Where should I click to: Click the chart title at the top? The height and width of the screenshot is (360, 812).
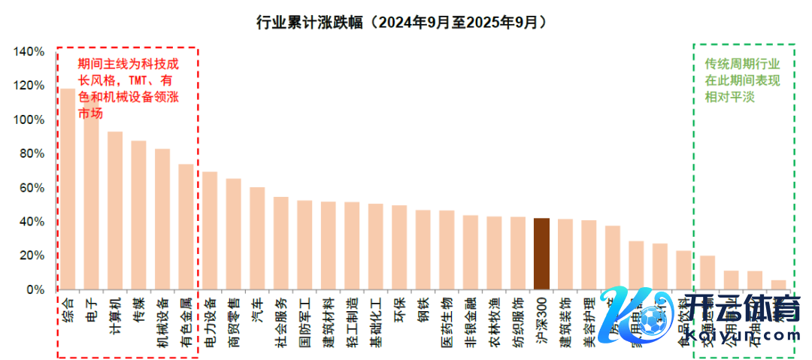[401, 23]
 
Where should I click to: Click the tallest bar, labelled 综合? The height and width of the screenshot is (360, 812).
[68, 188]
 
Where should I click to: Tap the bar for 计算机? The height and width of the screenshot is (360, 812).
[115, 210]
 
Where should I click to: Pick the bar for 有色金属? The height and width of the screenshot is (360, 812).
[186, 225]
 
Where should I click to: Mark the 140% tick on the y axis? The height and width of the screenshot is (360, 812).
[29, 52]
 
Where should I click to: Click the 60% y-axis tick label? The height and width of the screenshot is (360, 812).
[32, 188]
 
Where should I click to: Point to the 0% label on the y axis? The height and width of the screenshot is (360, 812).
[35, 290]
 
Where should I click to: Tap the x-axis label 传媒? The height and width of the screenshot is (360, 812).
[138, 309]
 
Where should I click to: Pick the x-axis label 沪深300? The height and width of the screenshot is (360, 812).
[541, 319]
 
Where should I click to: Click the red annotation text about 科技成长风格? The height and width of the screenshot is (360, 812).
[128, 89]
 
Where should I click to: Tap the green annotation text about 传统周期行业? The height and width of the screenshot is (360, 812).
[741, 80]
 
